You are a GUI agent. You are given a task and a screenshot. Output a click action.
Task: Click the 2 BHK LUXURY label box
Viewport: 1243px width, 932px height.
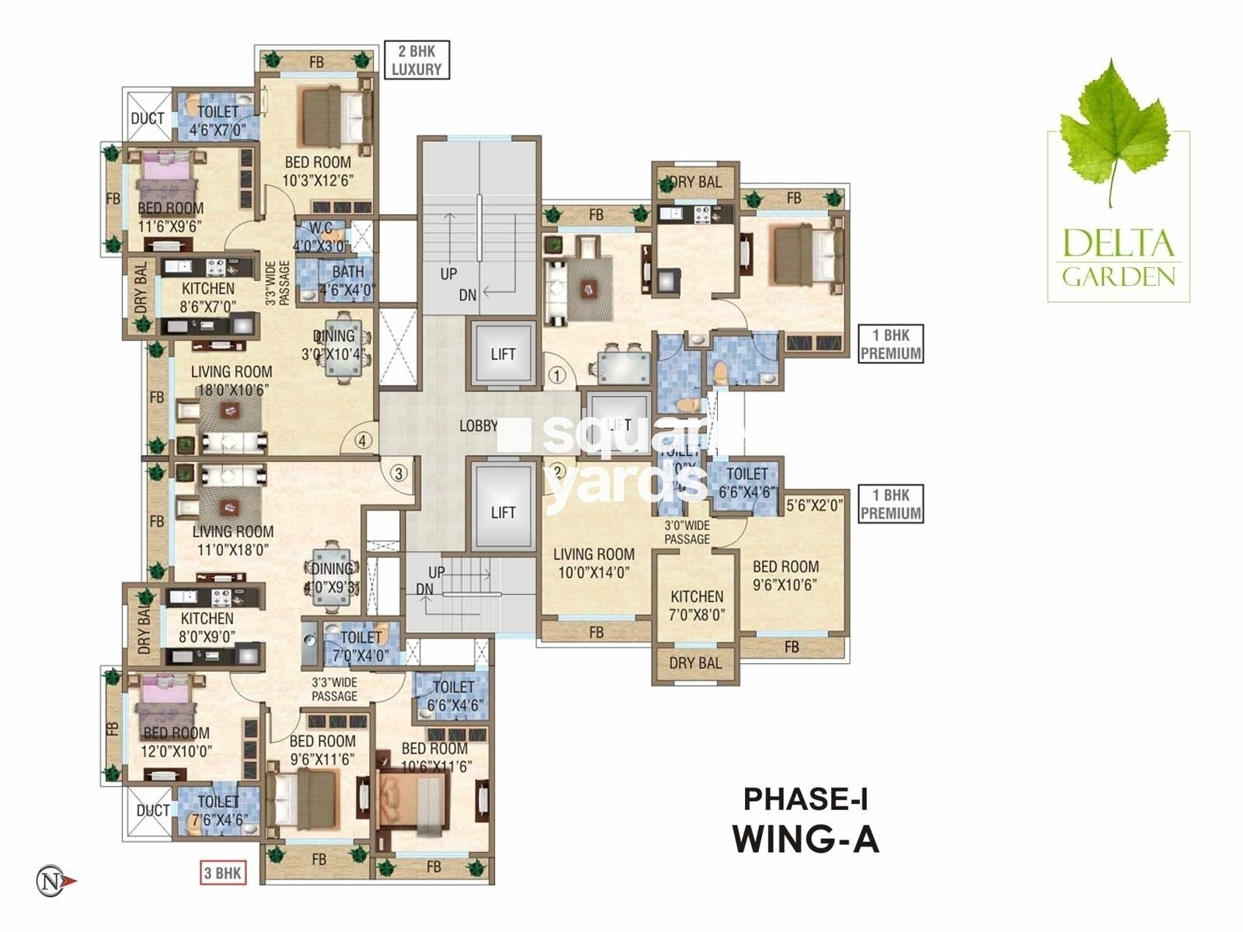click(x=416, y=60)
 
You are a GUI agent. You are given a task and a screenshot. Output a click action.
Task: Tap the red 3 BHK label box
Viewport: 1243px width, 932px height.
click(x=222, y=873)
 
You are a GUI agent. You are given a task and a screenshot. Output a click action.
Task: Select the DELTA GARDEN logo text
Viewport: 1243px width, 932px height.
click(x=1118, y=256)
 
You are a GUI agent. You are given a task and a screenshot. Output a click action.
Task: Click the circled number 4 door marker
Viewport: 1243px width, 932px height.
click(x=363, y=440)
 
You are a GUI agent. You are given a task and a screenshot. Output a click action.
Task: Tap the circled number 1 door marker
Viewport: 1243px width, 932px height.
click(x=556, y=376)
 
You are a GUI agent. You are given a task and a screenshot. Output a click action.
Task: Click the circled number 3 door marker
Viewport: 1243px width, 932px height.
click(x=399, y=472)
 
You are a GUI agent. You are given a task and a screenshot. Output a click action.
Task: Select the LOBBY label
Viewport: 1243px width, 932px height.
click(x=478, y=426)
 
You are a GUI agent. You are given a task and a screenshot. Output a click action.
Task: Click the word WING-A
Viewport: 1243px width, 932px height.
click(x=806, y=839)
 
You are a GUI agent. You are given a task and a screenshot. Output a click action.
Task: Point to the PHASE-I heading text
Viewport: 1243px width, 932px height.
click(x=806, y=798)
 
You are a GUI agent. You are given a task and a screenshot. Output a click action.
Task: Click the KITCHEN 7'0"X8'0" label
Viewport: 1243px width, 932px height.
click(x=697, y=605)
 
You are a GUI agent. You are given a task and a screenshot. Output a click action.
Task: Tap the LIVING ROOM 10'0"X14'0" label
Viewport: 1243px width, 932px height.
click(x=594, y=563)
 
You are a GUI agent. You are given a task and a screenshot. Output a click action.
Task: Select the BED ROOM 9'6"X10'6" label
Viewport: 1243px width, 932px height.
click(x=785, y=576)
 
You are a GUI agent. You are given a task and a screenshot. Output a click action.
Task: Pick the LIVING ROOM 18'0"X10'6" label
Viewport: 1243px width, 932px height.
click(x=231, y=381)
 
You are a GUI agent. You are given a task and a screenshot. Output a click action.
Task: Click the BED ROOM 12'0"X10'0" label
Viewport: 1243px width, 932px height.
click(x=176, y=742)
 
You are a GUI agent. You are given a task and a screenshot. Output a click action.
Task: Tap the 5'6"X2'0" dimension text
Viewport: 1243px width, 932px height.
click(x=814, y=506)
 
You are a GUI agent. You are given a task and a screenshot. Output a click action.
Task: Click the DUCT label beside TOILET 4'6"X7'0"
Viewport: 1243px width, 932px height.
click(x=147, y=119)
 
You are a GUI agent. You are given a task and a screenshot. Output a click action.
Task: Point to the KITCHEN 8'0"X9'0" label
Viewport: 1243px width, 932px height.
click(x=207, y=627)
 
